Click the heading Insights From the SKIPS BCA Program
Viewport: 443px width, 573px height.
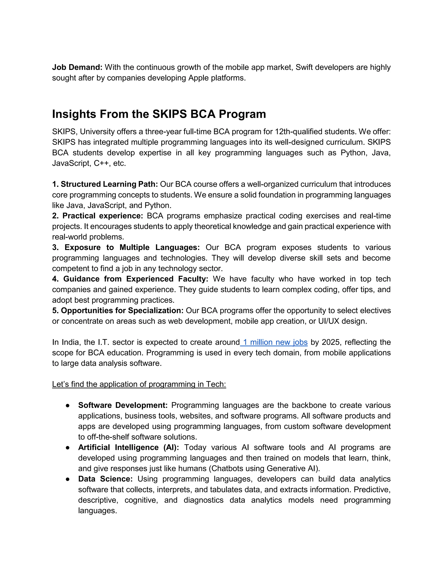(159, 114)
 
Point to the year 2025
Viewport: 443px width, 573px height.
(331, 342)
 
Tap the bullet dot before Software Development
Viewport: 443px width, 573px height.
(68, 406)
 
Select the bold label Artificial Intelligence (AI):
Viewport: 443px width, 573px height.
(128, 447)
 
